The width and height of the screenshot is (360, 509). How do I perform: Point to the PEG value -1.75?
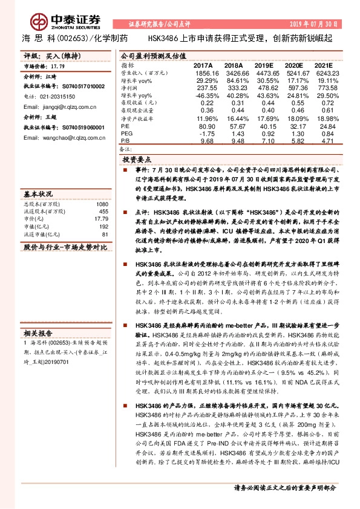(x=206, y=132)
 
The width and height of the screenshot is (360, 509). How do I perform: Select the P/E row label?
(x=126, y=126)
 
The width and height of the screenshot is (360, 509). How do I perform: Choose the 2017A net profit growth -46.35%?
(x=203, y=95)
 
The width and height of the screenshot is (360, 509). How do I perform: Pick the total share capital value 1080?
(x=102, y=204)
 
